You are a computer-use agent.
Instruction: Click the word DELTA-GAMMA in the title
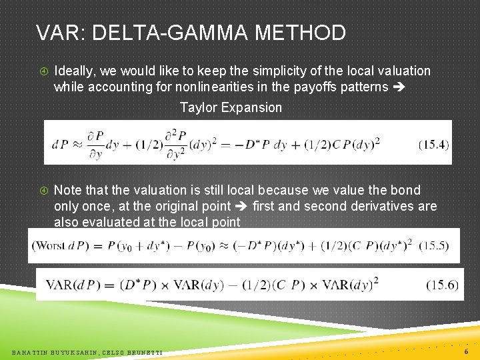point(173,32)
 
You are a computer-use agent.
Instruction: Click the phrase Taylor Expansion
point(231,107)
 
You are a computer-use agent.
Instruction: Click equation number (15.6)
point(443,285)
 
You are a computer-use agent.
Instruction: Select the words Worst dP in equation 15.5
point(60,245)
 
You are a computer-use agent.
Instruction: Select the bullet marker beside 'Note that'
point(43,191)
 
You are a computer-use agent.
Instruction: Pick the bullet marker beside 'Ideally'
point(43,71)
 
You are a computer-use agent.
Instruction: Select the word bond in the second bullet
point(407,190)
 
